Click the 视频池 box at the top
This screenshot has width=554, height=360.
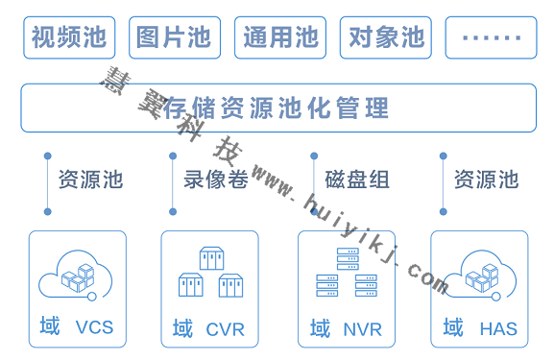tap(68, 37)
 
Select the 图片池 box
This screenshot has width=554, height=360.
tap(174, 37)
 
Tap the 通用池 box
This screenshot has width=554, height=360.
tap(279, 37)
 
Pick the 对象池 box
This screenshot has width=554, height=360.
tap(385, 37)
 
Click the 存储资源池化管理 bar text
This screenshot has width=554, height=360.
tap(277, 108)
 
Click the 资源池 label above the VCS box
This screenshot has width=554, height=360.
tap(90, 180)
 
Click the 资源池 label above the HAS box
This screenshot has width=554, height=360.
tap(486, 180)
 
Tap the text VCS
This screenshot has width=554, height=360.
tap(94, 327)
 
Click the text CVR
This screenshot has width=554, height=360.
tap(226, 329)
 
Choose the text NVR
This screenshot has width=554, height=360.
tap(362, 329)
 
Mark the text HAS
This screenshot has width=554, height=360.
tap(498, 329)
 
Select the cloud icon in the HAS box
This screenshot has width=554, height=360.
tap(480, 276)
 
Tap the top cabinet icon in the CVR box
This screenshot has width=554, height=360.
tap(211, 258)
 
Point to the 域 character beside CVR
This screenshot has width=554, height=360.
tap(182, 328)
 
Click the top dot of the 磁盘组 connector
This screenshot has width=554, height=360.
tap(314, 156)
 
